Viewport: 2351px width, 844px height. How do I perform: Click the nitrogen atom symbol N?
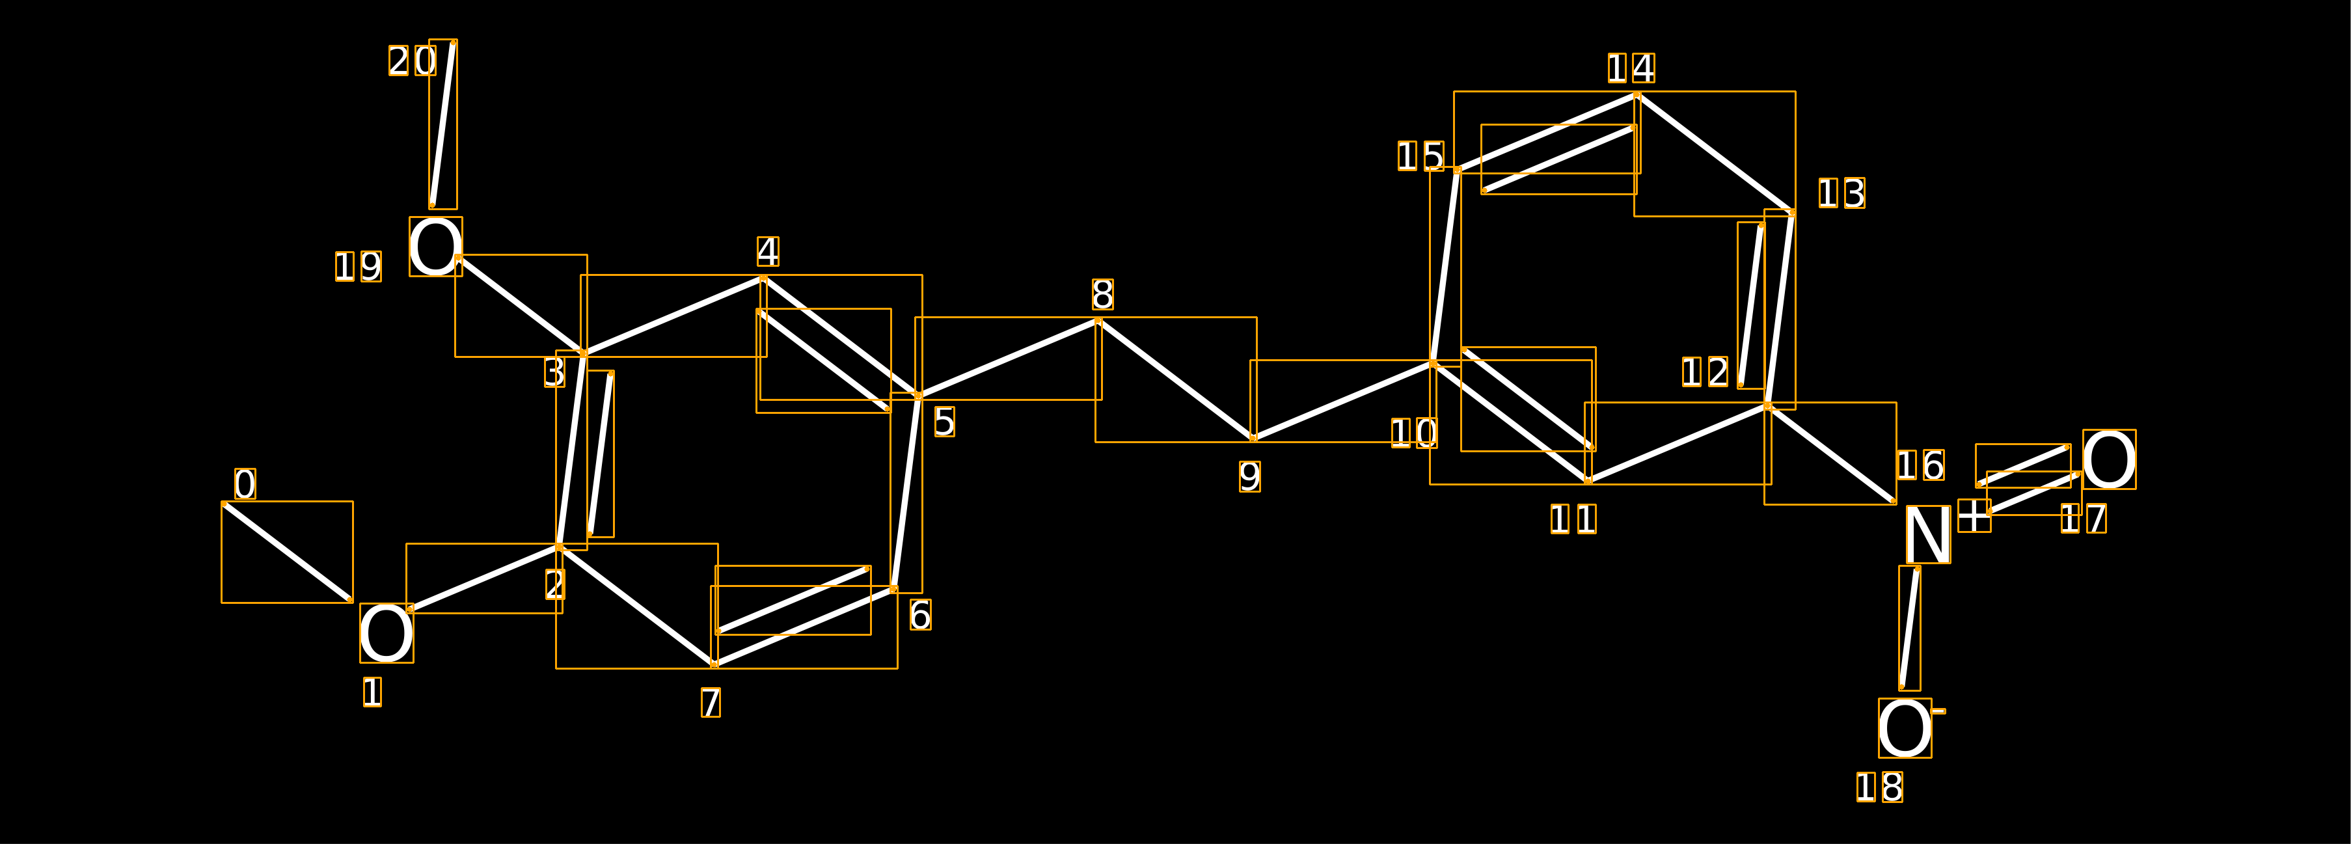click(x=1927, y=535)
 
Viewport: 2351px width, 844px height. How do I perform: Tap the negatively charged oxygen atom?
click(x=1905, y=728)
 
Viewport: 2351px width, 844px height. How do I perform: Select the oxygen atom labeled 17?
click(x=2109, y=459)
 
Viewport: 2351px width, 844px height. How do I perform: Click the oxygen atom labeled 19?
click(x=435, y=247)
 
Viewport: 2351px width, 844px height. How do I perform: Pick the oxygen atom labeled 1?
click(x=386, y=633)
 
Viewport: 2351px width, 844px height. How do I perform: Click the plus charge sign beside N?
click(x=1974, y=515)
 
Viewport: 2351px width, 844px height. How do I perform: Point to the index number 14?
click(x=1631, y=68)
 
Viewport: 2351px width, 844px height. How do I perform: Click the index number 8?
click(x=1102, y=295)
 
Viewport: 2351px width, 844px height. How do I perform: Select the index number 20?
click(x=413, y=61)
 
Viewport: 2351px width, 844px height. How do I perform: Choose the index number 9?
click(x=1249, y=476)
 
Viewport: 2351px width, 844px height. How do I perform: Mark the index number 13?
click(x=1841, y=193)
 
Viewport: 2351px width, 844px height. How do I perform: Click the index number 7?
click(x=710, y=703)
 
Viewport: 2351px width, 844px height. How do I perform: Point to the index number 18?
click(x=1879, y=787)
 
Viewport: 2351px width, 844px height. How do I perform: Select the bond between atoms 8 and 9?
click(x=1175, y=379)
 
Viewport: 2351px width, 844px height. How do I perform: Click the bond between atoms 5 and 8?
click(x=1009, y=359)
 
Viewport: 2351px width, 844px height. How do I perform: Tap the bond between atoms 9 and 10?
click(x=1342, y=402)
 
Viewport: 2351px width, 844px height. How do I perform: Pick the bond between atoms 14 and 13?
click(x=1715, y=154)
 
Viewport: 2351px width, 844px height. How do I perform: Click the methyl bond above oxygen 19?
click(x=442, y=124)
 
